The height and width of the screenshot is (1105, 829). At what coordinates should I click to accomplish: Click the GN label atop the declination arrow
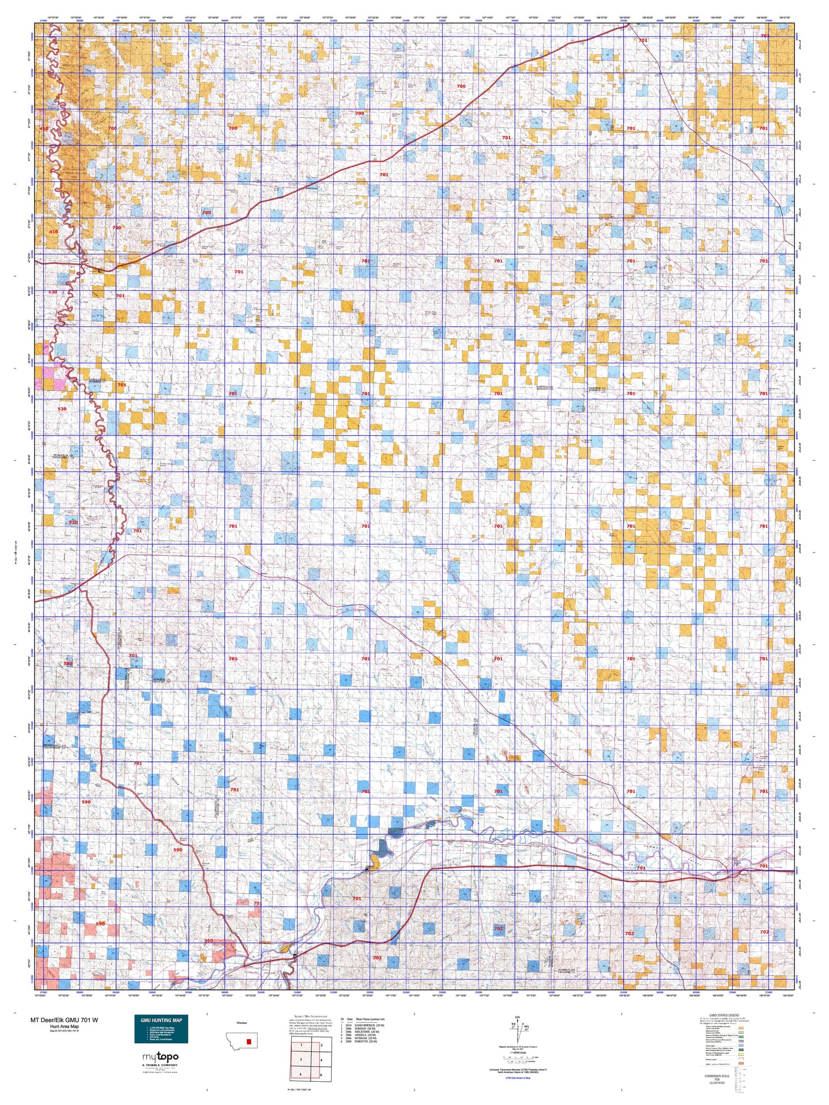(x=517, y=1017)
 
